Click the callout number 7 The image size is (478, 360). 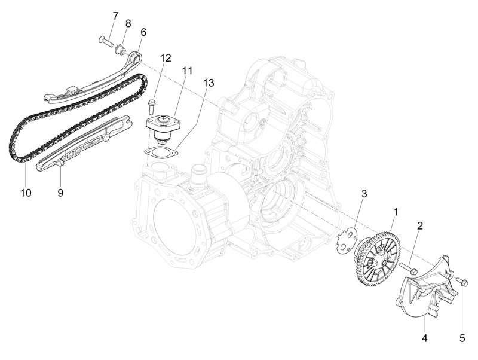115,16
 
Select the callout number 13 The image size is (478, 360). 209,83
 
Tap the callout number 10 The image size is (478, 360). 26,193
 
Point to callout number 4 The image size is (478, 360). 424,338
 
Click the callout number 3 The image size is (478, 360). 364,193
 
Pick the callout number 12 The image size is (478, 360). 166,57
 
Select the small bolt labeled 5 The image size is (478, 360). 462,282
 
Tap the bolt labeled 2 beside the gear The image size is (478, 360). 409,268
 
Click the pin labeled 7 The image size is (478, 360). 105,40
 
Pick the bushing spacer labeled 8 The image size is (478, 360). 119,49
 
